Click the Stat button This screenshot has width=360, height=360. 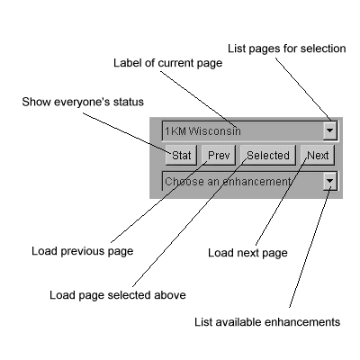point(181,155)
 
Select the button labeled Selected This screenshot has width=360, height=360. point(268,155)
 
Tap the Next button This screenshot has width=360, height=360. point(318,155)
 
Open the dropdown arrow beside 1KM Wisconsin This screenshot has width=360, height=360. point(330,130)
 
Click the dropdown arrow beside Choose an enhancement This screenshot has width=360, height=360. point(330,181)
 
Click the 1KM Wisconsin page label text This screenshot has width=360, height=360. point(202,131)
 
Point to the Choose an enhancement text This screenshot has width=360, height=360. point(228,182)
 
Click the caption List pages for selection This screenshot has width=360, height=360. point(287,49)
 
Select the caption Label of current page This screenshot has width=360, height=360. point(168,63)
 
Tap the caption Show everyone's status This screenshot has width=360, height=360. point(83,102)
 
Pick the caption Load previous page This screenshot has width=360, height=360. point(83,251)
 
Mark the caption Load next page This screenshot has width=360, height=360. point(247,253)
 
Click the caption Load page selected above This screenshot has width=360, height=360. point(118,295)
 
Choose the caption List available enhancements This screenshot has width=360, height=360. point(267,322)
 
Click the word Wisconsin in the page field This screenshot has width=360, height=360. point(215,131)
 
